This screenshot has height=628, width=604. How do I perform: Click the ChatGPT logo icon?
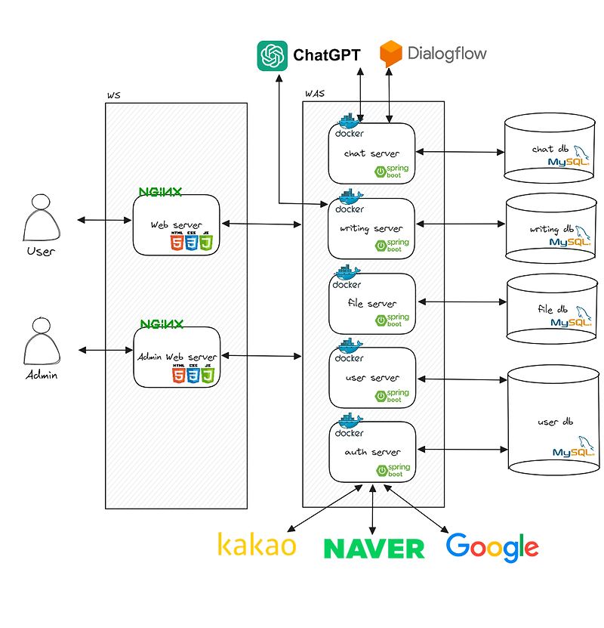pos(272,55)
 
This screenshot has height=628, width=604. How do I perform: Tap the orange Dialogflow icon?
pos(391,54)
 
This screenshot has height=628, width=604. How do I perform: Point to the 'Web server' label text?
pos(176,224)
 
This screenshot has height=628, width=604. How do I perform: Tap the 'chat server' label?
pos(371,153)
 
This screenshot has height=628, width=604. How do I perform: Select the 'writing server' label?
pos(371,228)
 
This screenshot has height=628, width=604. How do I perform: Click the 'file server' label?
pos(371,303)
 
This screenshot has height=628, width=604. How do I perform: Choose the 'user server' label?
pos(371,377)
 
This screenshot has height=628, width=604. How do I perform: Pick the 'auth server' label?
pos(372,452)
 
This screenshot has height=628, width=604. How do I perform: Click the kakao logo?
pos(257,544)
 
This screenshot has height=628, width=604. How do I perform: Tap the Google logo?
pos(492,547)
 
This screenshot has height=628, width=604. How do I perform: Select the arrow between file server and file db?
pos(462,302)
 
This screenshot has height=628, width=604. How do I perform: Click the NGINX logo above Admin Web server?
pos(161,324)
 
